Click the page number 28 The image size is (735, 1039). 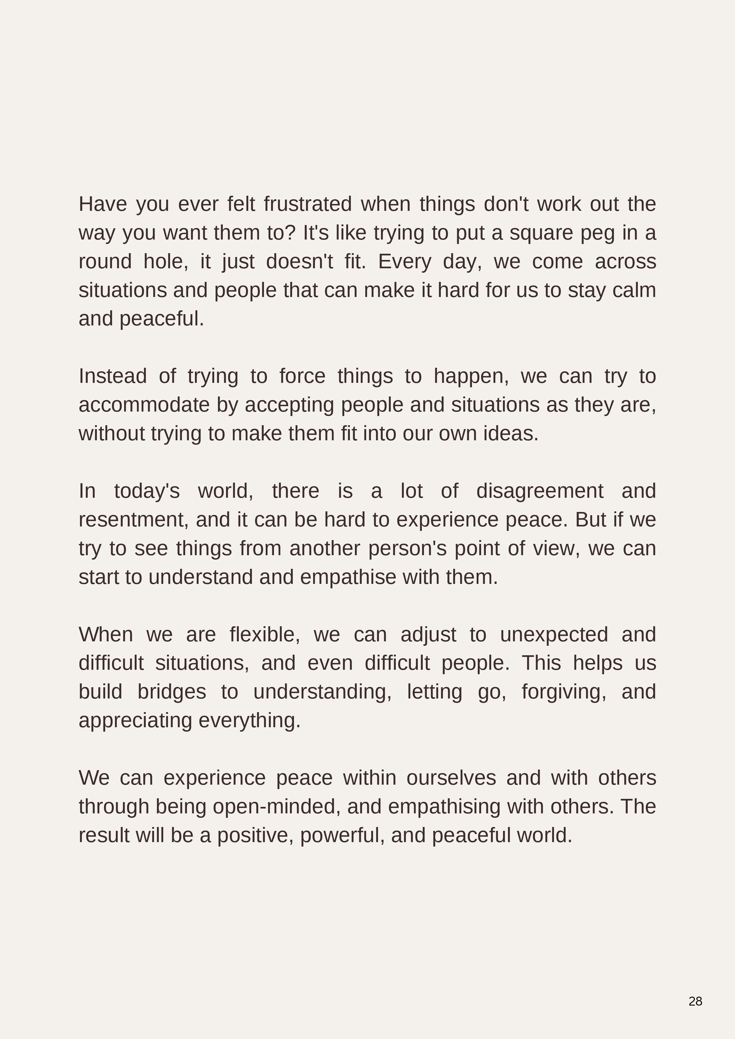point(695,1001)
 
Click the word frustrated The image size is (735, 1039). point(308,204)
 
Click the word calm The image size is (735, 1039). point(634,290)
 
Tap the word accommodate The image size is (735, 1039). point(144,405)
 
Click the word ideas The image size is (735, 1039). point(510,433)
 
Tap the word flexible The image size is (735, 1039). point(265,635)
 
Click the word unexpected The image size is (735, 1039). point(553,635)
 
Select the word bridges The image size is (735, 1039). point(172,692)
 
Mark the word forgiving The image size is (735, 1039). point(564,692)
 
